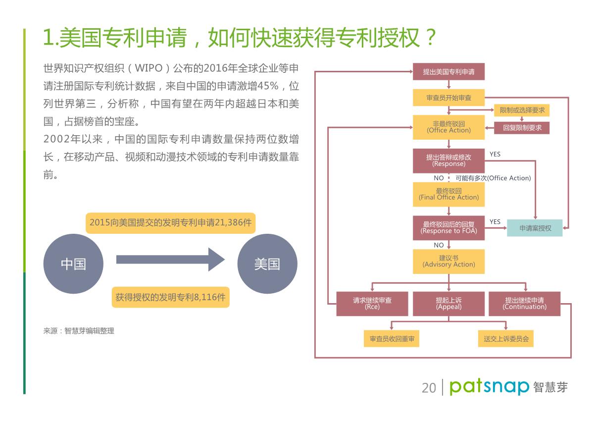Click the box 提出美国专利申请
point(448,72)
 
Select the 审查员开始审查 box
point(448,98)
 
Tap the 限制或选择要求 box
point(522,110)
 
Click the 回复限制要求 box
point(522,127)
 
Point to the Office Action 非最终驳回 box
point(448,127)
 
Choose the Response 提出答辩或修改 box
point(448,160)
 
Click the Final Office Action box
point(448,194)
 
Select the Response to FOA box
point(448,228)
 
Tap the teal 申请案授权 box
point(535,228)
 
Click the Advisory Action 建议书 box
point(448,262)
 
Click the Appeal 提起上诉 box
point(448,304)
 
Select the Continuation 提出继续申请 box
point(524,304)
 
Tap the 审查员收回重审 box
point(391,339)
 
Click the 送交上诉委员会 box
point(506,339)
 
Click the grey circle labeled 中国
point(73,264)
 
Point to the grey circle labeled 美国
point(267,264)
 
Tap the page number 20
point(429,387)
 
